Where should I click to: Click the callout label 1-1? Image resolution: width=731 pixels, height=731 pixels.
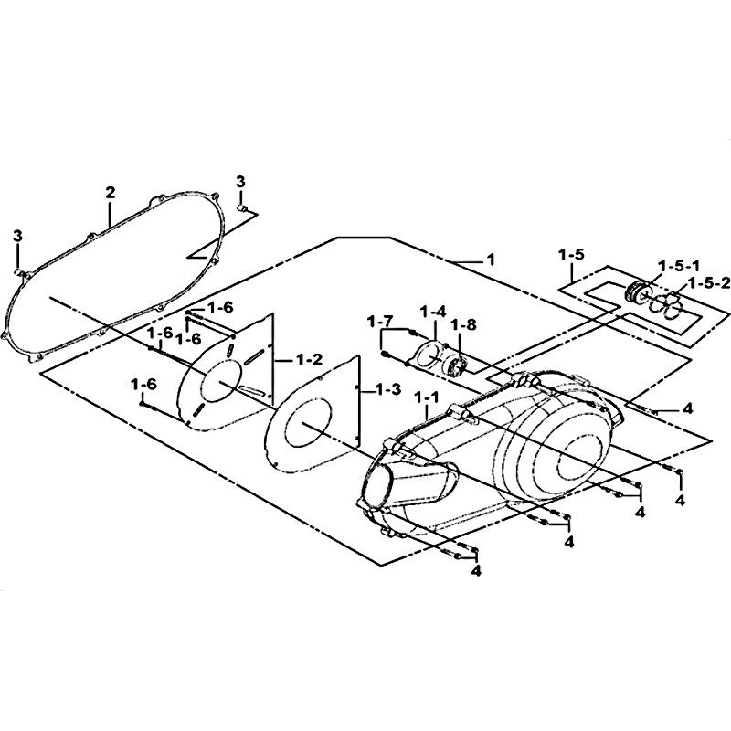pos(427,397)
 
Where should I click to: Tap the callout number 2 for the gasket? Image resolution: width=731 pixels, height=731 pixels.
pos(110,193)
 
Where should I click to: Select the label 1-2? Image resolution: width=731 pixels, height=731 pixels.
pos(310,360)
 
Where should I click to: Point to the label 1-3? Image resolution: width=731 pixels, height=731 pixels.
pos(387,389)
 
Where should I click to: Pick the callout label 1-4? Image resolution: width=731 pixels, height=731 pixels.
pos(433,311)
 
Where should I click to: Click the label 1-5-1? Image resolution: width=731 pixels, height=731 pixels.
pos(679,266)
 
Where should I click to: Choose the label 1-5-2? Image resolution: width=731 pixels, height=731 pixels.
pos(709,283)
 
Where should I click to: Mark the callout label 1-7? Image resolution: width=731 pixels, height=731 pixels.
pos(380,322)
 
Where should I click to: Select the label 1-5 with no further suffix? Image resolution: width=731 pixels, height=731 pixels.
pos(571,255)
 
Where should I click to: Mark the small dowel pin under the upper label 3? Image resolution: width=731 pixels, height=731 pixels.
pos(242,207)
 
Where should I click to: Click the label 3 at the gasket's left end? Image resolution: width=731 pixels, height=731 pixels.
pos(17,237)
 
